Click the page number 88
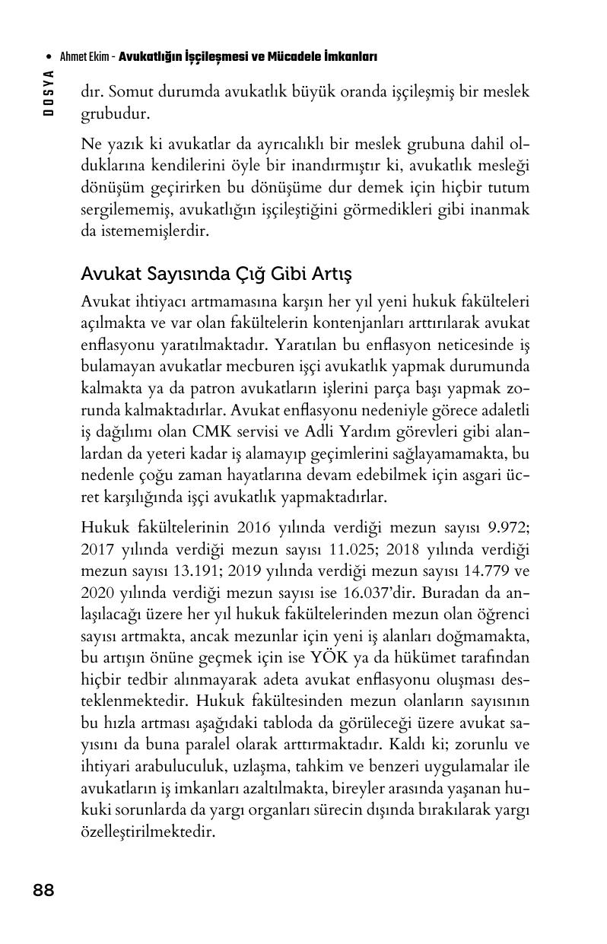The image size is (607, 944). pos(43,890)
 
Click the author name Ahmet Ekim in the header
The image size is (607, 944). pos(84,57)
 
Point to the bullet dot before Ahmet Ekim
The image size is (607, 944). pos(49,58)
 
